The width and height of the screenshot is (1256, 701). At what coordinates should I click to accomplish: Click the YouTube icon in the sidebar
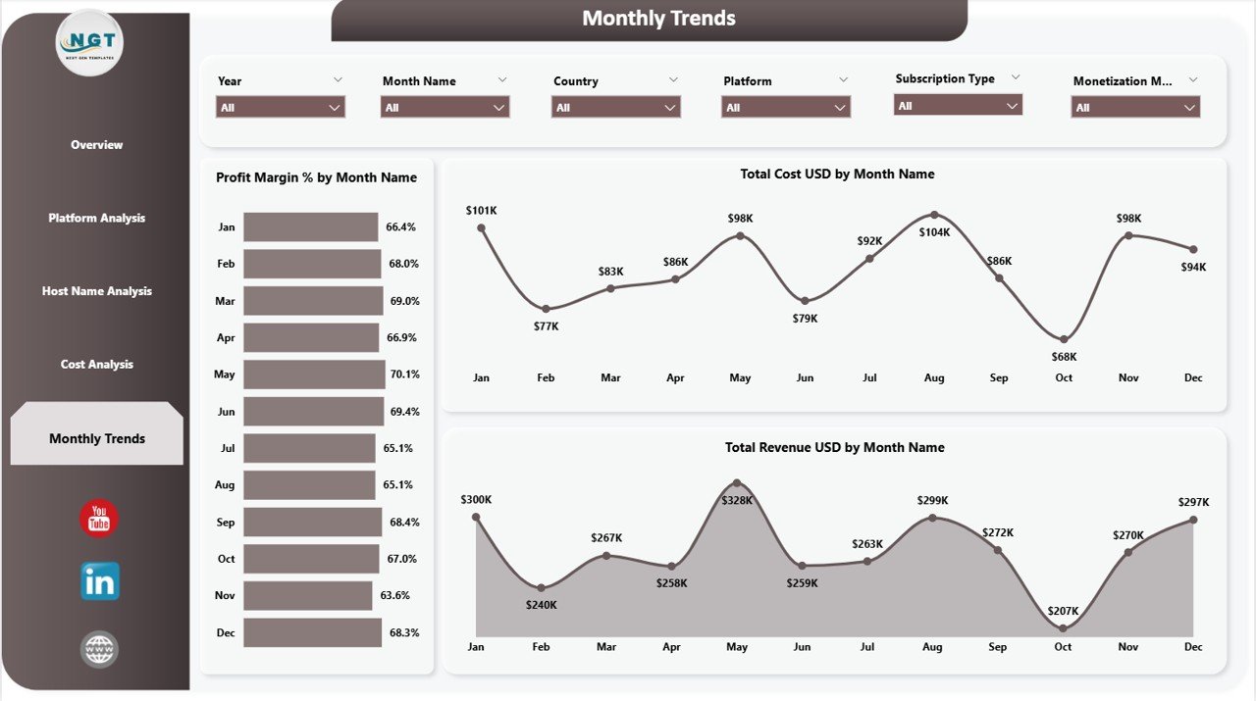[x=99, y=519]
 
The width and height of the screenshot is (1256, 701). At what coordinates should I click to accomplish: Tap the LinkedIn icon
[x=99, y=581]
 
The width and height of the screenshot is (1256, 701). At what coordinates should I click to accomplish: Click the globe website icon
[x=99, y=649]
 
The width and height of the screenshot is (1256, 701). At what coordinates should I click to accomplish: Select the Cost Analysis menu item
[x=96, y=365]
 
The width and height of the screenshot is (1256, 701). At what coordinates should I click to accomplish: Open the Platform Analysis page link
[x=96, y=218]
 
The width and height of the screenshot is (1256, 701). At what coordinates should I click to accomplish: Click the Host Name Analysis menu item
[x=96, y=291]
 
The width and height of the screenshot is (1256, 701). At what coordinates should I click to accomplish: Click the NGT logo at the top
[x=90, y=42]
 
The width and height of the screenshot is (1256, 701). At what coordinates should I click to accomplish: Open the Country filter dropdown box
[x=616, y=108]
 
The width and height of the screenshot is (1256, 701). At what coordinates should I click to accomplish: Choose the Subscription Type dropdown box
[x=958, y=106]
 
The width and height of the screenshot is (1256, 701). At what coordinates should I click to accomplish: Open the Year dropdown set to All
[x=281, y=108]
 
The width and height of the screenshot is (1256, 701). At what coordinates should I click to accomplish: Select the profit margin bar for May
[x=314, y=375]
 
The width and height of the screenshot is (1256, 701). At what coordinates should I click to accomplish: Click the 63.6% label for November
[x=396, y=595]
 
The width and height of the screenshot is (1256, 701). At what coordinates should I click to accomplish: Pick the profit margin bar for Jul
[x=309, y=448]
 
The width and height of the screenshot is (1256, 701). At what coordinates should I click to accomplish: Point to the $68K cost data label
[x=1064, y=357]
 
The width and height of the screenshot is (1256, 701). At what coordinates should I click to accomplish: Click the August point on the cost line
[x=934, y=215]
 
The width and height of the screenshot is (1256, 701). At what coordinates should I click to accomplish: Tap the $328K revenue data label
[x=737, y=500]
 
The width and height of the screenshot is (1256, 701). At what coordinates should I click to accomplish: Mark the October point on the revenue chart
[x=1063, y=627]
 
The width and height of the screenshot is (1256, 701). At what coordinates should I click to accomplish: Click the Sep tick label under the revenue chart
[x=998, y=647]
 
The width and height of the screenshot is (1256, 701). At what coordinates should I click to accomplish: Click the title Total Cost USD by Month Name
[x=837, y=174]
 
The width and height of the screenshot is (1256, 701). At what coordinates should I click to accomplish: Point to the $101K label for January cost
[x=481, y=210]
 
